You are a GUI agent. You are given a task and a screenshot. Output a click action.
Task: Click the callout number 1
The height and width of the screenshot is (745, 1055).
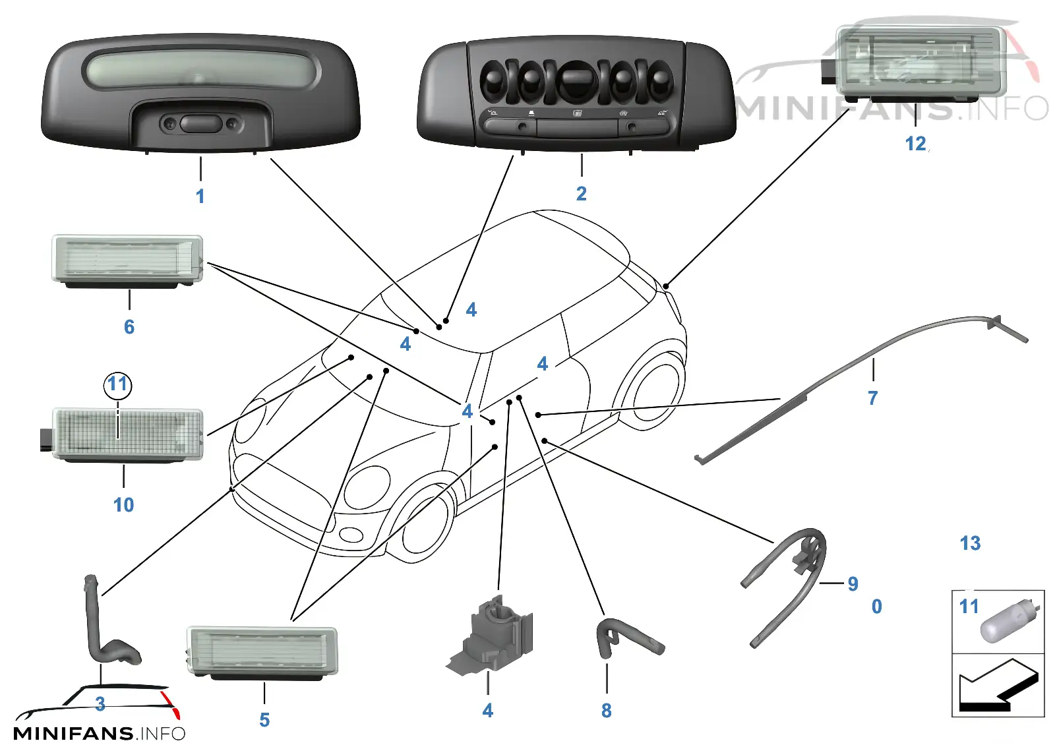click(x=200, y=196)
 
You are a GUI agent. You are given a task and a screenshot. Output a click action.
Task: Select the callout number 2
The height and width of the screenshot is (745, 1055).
click(x=581, y=194)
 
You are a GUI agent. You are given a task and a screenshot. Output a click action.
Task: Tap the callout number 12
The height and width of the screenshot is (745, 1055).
click(x=916, y=144)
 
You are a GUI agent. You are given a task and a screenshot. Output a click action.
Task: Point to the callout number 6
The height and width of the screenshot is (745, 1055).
click(x=129, y=327)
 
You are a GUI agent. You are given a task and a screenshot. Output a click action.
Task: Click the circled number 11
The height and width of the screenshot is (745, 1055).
click(x=118, y=384)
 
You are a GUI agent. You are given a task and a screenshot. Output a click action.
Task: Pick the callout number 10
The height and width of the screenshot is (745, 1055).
click(x=123, y=505)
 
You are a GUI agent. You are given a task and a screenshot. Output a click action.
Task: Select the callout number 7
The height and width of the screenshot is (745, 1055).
click(x=873, y=398)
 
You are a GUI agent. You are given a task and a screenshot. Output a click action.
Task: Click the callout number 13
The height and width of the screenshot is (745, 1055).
click(x=970, y=543)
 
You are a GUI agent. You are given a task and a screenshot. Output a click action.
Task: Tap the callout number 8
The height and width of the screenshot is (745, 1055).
click(x=607, y=711)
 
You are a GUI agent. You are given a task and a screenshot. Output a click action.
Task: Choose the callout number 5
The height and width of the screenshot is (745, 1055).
click(x=264, y=719)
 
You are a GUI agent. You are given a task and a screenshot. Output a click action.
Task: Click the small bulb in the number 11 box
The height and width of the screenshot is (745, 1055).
click(x=1009, y=621)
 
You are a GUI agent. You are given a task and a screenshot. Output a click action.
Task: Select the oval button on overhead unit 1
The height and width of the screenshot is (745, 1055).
click(x=200, y=123)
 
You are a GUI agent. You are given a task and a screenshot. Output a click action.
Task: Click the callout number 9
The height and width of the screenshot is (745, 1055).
click(x=853, y=583)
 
